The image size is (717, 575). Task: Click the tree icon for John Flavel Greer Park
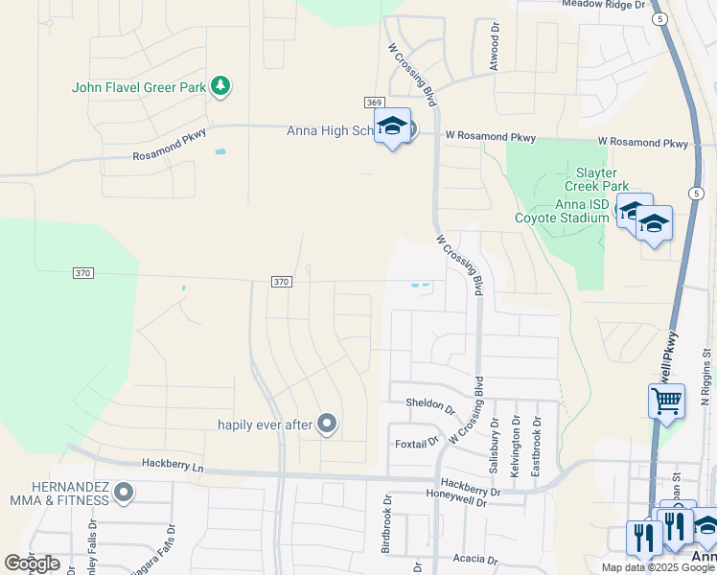(221, 87)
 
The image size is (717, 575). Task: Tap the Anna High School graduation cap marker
(392, 126)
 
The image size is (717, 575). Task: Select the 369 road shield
(374, 103)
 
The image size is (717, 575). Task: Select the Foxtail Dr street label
(417, 443)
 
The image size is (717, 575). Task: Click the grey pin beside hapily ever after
(327, 423)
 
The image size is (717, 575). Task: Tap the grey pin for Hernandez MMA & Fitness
(123, 493)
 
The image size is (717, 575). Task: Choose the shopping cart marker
(666, 400)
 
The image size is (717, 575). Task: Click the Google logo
(32, 563)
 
